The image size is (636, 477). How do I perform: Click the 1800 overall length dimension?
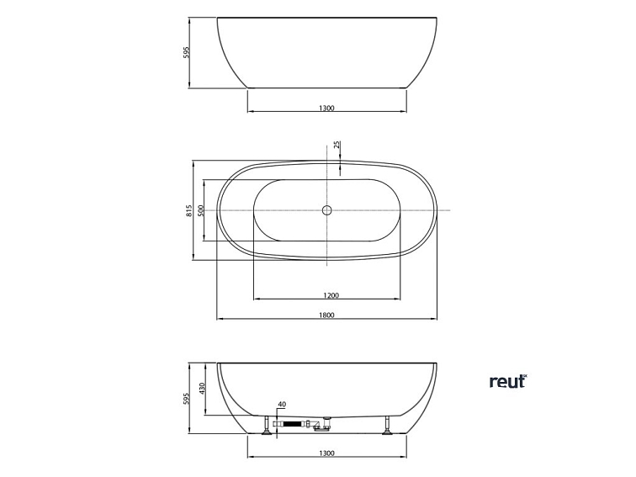pos(327,315)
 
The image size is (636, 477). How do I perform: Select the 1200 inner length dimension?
pos(330,294)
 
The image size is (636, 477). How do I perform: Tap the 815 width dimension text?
pos(190,209)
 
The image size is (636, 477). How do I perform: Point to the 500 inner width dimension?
pos(201,209)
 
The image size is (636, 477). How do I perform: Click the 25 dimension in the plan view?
pos(337,146)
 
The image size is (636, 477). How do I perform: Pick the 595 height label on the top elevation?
pos(187,52)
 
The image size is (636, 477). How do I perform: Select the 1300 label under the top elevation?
pos(327,108)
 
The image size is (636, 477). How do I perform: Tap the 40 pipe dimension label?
pos(282,405)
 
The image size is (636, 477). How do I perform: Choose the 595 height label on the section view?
pos(187,399)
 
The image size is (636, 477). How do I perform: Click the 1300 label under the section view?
pos(327,453)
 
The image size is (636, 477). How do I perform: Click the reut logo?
pos(507,381)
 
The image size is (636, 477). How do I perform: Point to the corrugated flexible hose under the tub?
pos(291,427)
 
